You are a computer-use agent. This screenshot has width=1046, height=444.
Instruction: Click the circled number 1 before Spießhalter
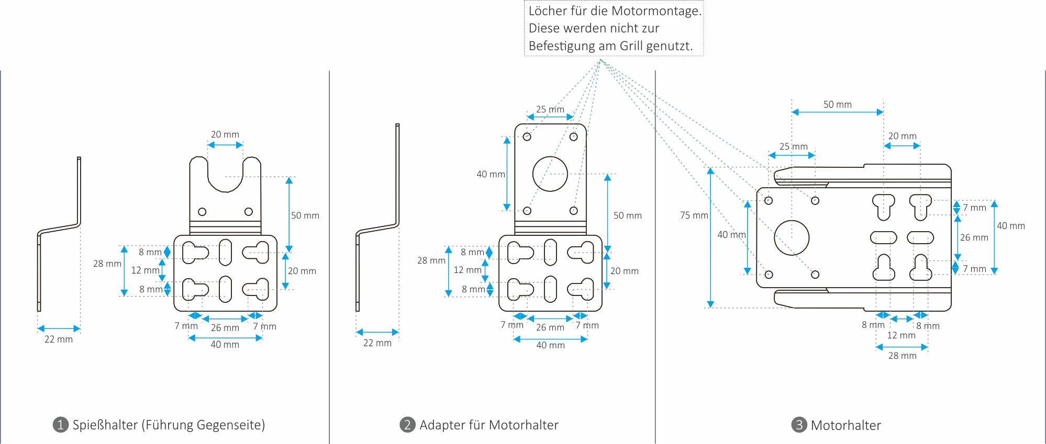pyautogui.click(x=61, y=425)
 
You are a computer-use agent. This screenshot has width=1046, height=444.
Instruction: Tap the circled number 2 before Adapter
pyautogui.click(x=407, y=425)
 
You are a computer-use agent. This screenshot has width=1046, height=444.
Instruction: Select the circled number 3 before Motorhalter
pyautogui.click(x=799, y=425)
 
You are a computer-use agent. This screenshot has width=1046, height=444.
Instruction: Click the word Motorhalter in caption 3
pyautogui.click(x=845, y=425)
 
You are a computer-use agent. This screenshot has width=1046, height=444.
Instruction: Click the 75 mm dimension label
pyautogui.click(x=694, y=215)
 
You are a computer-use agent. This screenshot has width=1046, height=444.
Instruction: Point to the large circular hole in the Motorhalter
pyautogui.click(x=792, y=237)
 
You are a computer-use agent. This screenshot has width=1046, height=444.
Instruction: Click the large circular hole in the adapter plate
pyautogui.click(x=550, y=174)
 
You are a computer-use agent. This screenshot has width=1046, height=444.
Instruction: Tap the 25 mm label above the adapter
pyautogui.click(x=550, y=109)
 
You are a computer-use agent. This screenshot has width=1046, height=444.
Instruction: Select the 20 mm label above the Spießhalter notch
pyautogui.click(x=225, y=134)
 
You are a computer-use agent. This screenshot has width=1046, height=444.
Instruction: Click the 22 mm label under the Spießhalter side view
pyautogui.click(x=59, y=339)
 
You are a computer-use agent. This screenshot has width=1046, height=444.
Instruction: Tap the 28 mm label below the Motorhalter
pyautogui.click(x=902, y=356)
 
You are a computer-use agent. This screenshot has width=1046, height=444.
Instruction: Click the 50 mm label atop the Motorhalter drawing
pyautogui.click(x=837, y=105)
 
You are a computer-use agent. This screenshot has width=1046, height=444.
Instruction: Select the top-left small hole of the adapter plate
pyautogui.click(x=527, y=136)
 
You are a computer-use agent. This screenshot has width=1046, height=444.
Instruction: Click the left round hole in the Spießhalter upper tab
pyautogui.click(x=202, y=212)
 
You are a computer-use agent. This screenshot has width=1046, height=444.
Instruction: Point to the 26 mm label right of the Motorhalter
pyautogui.click(x=974, y=237)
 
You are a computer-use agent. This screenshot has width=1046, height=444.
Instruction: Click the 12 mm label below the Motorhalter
pyautogui.click(x=901, y=335)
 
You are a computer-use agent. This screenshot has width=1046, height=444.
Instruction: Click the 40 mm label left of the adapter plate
pyautogui.click(x=491, y=174)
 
